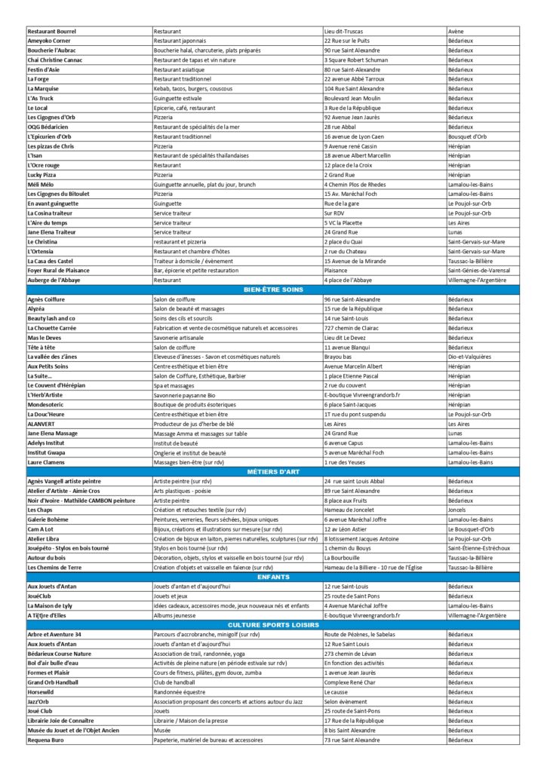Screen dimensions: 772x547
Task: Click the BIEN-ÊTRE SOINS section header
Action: [x=272, y=289]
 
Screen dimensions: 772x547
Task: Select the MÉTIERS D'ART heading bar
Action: [x=272, y=471]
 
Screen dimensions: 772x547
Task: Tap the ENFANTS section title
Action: [x=272, y=577]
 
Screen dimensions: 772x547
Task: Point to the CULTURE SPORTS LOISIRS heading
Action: [x=272, y=625]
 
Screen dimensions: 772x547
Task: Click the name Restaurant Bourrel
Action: [x=52, y=31]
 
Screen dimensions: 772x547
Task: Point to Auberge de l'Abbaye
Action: [x=57, y=280]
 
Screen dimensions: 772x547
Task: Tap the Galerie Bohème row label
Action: [x=52, y=519]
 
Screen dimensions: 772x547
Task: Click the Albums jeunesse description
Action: [x=180, y=615]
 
